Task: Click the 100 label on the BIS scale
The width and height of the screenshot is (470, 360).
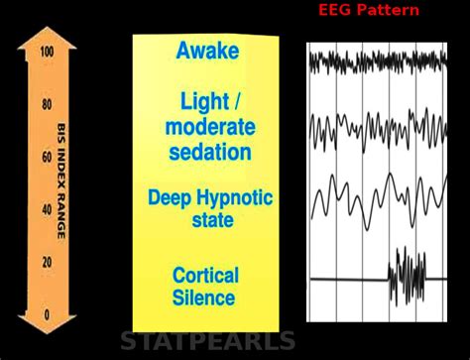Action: point(47,52)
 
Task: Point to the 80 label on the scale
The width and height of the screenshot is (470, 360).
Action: point(47,104)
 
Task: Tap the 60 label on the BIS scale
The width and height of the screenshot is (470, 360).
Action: point(47,157)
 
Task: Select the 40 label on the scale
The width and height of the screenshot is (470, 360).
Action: point(47,209)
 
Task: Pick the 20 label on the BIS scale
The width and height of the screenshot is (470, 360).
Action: point(47,263)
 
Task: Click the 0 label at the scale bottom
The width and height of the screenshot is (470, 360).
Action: point(47,315)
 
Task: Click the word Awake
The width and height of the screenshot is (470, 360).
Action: point(207,52)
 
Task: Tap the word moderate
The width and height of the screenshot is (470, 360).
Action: point(210,127)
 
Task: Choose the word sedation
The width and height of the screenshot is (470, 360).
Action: point(210,152)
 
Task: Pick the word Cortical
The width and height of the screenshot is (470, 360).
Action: point(204,275)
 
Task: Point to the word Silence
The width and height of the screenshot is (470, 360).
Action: point(204,298)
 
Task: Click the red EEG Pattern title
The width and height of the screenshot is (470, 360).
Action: point(369,10)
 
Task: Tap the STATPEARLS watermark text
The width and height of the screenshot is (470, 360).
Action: point(207,342)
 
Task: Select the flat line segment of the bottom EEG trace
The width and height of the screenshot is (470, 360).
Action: point(347,279)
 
